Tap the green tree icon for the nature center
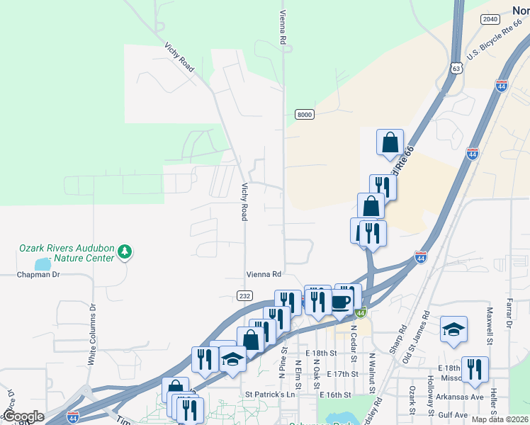tap(125, 251)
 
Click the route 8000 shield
tap(304, 115)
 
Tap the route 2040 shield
tap(490, 19)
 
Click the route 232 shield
tap(245, 296)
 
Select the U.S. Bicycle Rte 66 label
tap(495, 46)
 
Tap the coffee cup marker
tap(342, 300)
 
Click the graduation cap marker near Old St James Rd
tap(453, 329)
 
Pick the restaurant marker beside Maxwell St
tap(475, 369)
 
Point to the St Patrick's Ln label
tap(269, 395)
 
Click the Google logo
tap(23, 416)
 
